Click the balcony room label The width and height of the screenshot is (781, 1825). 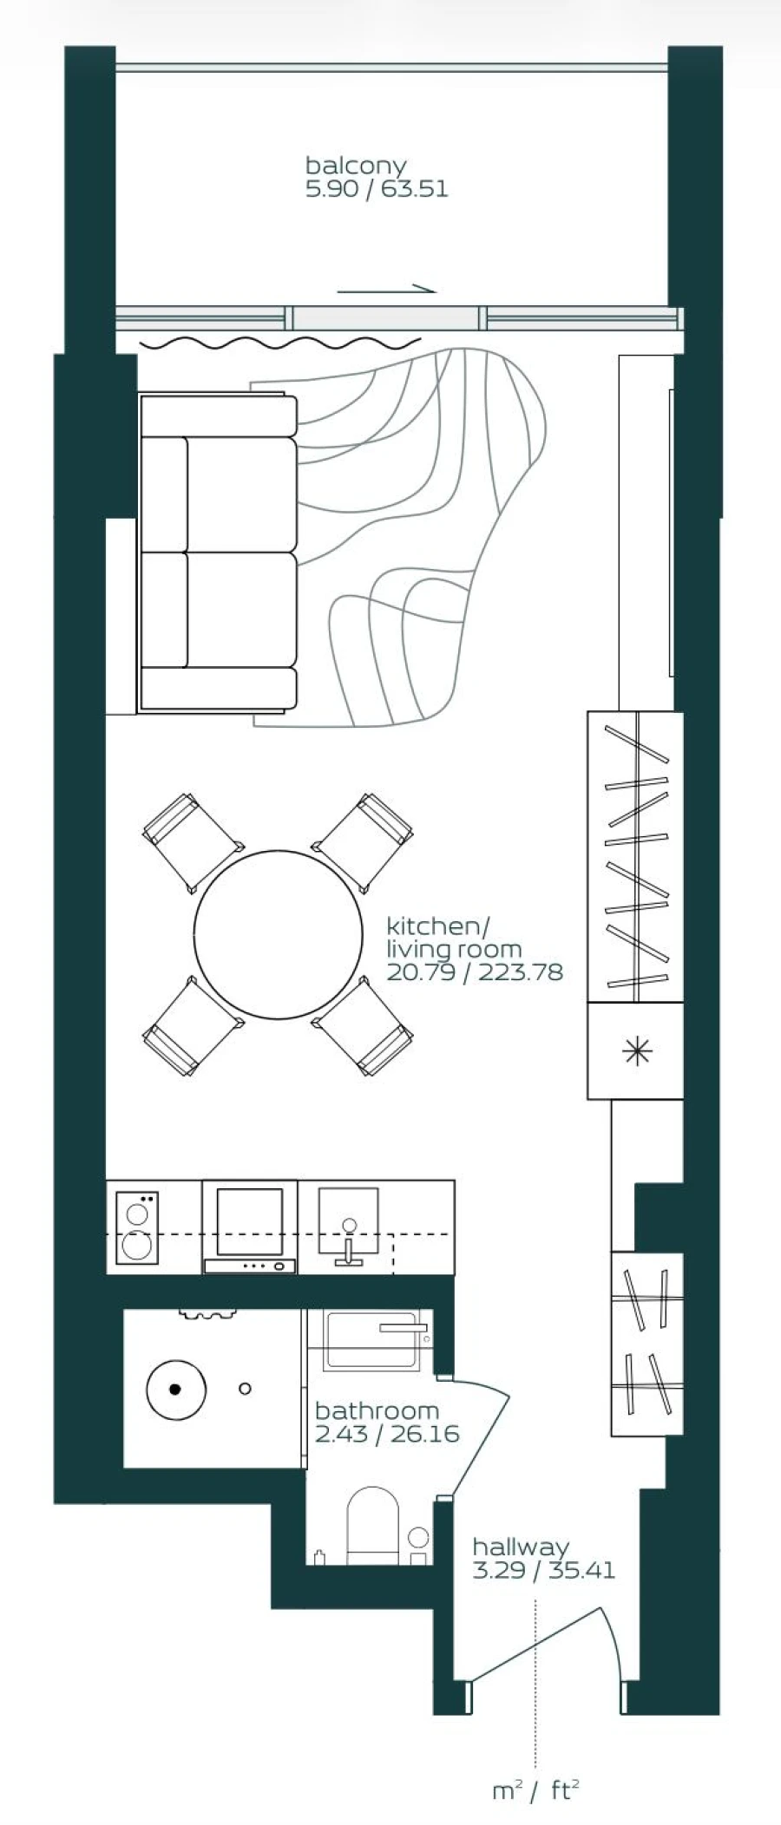(355, 165)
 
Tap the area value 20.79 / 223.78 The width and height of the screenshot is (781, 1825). (474, 972)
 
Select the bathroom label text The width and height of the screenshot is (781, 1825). (376, 1410)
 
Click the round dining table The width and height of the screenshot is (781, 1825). (278, 934)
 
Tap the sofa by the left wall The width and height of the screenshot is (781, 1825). (218, 553)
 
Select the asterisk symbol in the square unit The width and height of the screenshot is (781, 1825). (637, 1051)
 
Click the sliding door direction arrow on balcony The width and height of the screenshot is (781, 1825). (386, 291)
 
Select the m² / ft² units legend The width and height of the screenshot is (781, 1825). (535, 1790)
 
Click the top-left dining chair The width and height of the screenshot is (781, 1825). (192, 841)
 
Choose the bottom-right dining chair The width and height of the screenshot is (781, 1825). (363, 1027)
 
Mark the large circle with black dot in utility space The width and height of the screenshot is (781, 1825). (176, 1389)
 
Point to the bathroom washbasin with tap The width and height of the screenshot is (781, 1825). (377, 1339)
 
